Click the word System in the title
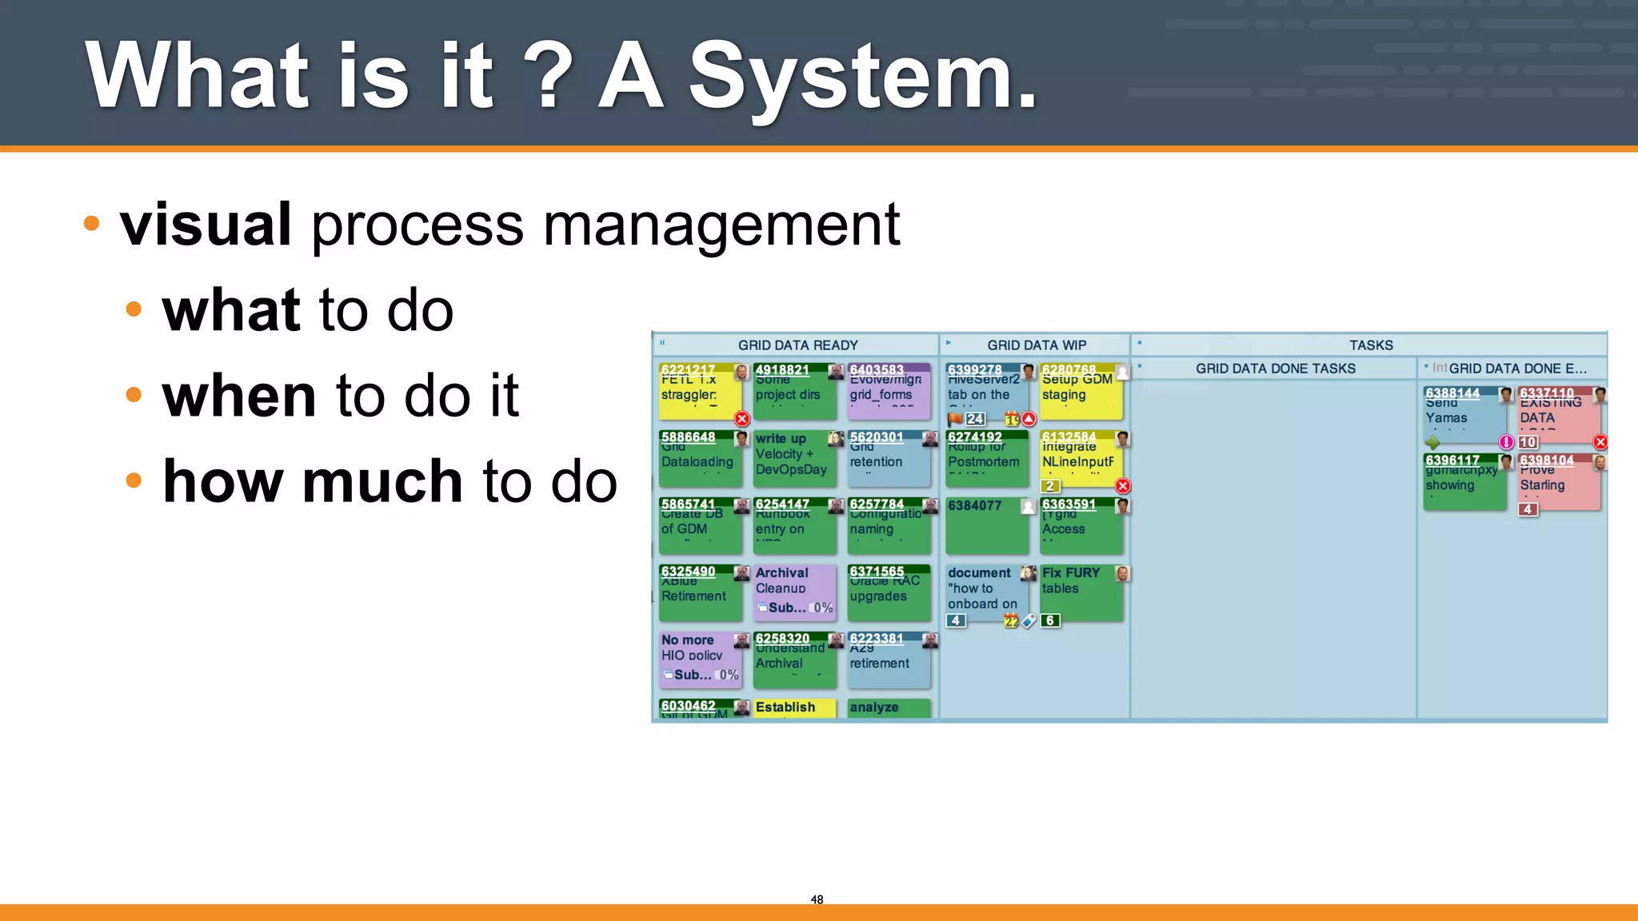[862, 77]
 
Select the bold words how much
[313, 481]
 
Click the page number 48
[817, 899]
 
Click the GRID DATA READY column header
[797, 345]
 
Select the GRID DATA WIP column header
[1036, 345]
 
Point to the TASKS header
[1371, 345]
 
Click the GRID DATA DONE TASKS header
[1275, 369]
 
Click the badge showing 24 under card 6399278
[975, 419]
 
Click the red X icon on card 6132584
[1123, 486]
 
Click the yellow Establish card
[793, 708]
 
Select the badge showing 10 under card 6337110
[1528, 442]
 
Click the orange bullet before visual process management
[92, 223]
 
